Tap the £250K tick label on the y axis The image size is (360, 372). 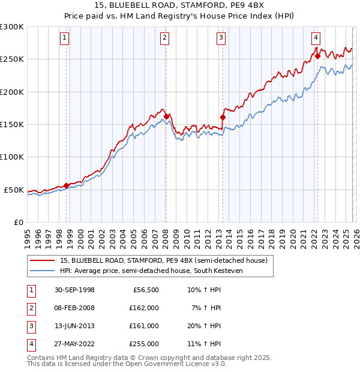tap(12, 59)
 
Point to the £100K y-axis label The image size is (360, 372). tap(12, 157)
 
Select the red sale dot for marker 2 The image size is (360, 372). tap(166, 116)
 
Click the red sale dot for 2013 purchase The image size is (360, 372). tap(223, 118)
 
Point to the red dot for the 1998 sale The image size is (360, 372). tap(66, 185)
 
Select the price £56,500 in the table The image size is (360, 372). tap(144, 290)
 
